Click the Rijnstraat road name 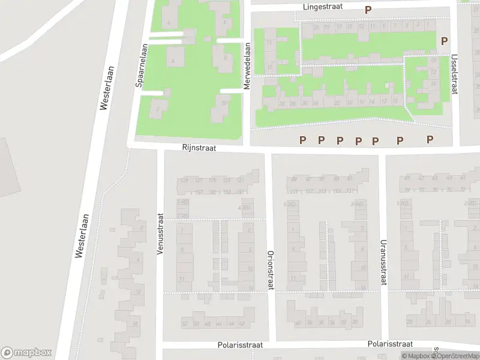[x=199, y=147]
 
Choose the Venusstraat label [x=160, y=234]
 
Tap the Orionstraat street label [x=270, y=270]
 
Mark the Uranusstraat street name [x=382, y=262]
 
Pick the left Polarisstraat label [x=240, y=346]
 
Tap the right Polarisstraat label [x=390, y=344]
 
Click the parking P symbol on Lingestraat [x=368, y=10]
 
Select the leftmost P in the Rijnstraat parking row [x=303, y=140]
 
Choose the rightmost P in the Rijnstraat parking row [x=430, y=139]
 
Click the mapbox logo [x=26, y=353]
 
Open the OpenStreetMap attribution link [x=457, y=356]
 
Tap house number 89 [x=294, y=179]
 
